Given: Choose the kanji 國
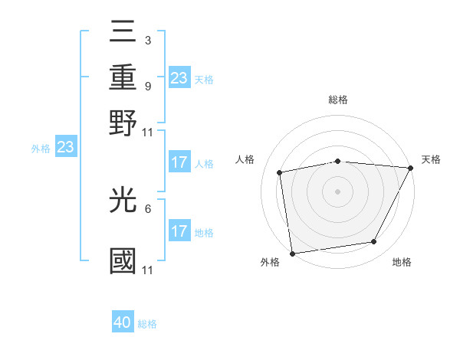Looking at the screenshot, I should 123,260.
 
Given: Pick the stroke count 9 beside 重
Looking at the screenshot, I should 147,86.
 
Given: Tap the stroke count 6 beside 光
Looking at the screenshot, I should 147,208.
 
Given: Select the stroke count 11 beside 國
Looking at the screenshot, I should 149,270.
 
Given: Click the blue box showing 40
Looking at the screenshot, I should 123,322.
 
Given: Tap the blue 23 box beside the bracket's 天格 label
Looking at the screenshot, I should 179,78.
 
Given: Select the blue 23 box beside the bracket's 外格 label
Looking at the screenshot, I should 65,147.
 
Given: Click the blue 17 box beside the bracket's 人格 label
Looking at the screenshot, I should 179,162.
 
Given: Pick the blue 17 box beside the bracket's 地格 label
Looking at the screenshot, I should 179,231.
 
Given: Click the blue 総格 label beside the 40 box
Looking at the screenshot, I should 147,324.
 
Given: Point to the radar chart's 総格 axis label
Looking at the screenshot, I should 337,100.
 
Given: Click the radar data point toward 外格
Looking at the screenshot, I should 292,253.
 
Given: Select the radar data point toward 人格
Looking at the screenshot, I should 280,172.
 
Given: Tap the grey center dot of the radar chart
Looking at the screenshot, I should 337,191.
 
